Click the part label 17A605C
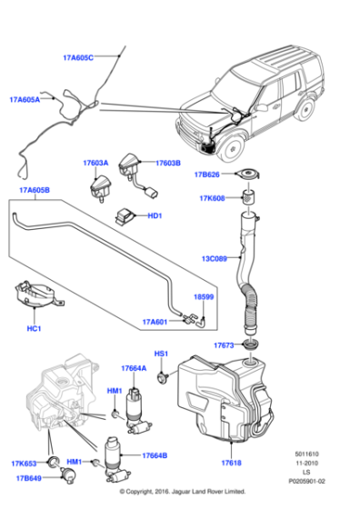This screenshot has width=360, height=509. pos(78,57)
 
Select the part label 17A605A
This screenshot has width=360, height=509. pos(25,100)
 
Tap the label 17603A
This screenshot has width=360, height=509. pos(95,164)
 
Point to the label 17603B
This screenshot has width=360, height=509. pos(166,164)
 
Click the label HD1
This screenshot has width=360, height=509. pos(155,216)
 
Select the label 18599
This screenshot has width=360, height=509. pos(203,297)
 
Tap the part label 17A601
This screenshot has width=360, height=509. pos(155,321)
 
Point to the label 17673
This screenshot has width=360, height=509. pos(224,346)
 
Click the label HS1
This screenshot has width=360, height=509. pos(161,354)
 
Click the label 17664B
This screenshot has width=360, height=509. pos(155,455)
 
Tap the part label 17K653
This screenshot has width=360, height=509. pos(25,463)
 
